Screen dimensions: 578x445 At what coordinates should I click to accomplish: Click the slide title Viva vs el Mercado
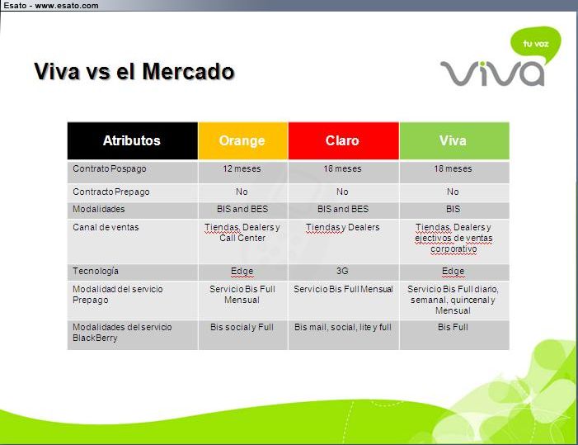pos(134,71)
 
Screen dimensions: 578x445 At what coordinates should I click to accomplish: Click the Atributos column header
pos(132,140)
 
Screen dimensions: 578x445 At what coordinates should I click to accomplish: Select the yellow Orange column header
pos(243,140)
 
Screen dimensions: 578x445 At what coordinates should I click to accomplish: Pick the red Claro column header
pos(344,140)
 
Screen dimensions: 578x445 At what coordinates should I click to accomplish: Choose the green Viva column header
pos(454,140)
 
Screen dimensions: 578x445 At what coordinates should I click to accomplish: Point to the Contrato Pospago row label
pos(110,168)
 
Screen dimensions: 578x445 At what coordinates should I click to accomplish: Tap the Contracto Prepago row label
pos(111,192)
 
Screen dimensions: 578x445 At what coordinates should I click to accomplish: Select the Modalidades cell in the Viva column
pos(453,209)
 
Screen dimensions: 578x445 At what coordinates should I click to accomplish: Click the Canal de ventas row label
pos(106,227)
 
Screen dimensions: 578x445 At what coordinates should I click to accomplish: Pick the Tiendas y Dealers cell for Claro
pos(343,227)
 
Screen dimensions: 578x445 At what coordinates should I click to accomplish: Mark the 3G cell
pos(342,271)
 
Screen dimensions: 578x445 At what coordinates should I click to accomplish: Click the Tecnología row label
pos(96,271)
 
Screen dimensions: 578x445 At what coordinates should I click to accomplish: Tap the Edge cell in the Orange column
pos(242,271)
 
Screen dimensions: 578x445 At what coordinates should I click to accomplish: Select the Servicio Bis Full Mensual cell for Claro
pos(343,289)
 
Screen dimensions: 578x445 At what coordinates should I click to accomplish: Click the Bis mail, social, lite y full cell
pos(343,327)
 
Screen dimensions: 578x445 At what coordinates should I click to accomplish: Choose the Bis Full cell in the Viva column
pos(453,327)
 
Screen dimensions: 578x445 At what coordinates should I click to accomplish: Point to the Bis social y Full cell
pos(242,327)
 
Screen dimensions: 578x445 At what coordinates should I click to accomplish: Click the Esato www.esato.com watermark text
pos(51,6)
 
